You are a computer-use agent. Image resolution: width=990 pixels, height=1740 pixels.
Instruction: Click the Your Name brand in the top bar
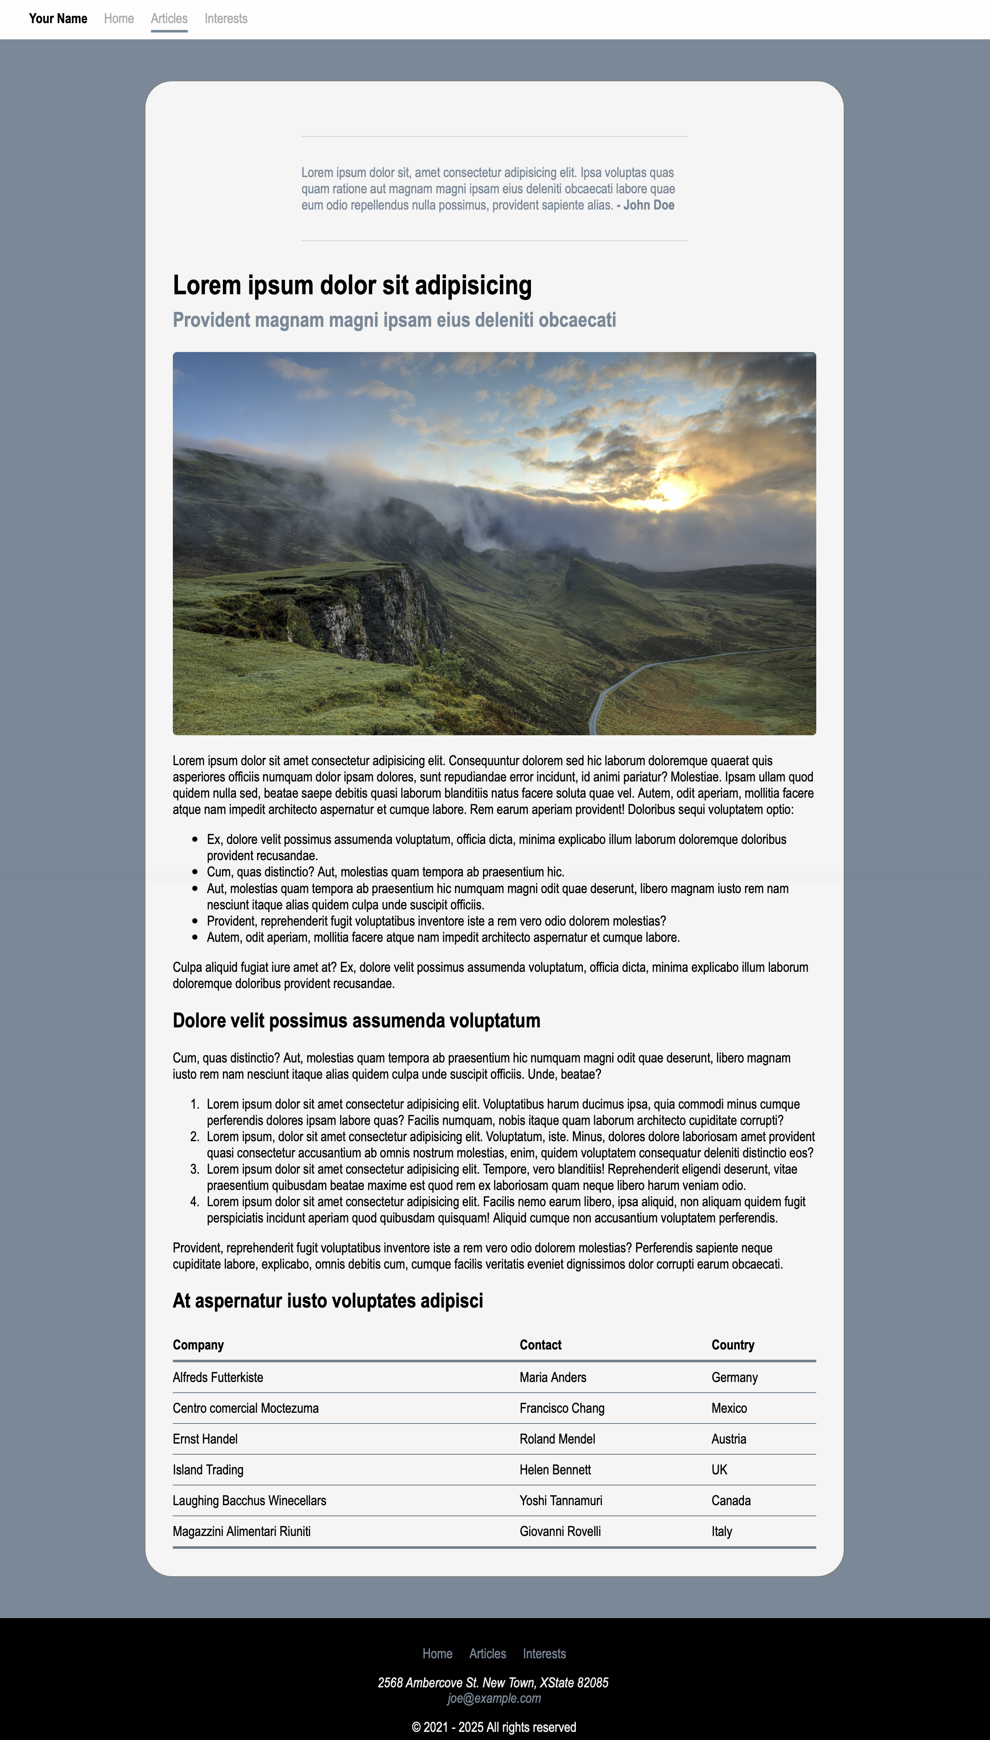[x=58, y=18]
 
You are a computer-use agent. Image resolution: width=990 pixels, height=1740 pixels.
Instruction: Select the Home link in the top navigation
[x=119, y=18]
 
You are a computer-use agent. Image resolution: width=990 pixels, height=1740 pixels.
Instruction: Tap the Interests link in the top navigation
[x=226, y=18]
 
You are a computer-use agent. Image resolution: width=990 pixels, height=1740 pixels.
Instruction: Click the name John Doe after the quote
[x=649, y=205]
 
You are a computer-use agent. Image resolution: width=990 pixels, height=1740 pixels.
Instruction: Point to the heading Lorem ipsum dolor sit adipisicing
[x=352, y=285]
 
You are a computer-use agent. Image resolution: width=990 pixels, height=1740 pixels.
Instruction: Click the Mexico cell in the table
[x=729, y=1408]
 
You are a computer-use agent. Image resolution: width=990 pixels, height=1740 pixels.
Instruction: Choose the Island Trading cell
[x=207, y=1470]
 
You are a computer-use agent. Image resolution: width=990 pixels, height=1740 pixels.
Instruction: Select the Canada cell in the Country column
[x=731, y=1500]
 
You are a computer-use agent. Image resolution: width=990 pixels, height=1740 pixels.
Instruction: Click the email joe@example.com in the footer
[x=494, y=1699]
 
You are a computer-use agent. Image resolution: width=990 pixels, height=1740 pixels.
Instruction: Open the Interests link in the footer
[x=544, y=1654]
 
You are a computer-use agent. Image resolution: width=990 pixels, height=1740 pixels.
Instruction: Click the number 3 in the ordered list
[x=195, y=1169]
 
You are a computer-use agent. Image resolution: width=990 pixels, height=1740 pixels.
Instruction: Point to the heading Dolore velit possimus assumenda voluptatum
[x=356, y=1021]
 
